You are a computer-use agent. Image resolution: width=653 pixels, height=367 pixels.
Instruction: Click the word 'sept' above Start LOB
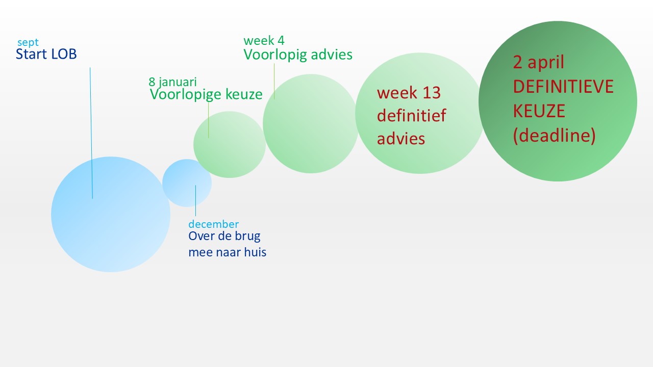point(28,43)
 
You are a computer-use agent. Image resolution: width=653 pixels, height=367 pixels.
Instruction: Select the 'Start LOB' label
point(46,54)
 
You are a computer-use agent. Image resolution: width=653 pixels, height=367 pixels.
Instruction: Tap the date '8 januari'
point(173,82)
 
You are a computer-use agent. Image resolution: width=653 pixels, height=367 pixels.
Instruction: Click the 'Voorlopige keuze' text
point(206,94)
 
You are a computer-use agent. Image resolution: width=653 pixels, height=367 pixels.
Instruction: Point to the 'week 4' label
point(264,40)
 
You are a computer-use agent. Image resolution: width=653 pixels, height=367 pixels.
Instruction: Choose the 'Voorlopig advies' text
point(298,55)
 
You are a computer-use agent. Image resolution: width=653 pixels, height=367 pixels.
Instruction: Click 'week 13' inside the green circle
point(409,93)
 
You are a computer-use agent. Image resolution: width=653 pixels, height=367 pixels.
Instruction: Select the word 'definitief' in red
point(411,115)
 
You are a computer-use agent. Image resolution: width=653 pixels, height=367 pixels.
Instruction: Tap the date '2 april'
point(539,62)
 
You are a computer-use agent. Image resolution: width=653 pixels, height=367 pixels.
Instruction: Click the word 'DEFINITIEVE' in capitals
point(563,87)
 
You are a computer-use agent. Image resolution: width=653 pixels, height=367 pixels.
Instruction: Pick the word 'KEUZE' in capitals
point(539,111)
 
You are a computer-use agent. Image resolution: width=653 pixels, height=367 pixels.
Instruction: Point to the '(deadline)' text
point(554,136)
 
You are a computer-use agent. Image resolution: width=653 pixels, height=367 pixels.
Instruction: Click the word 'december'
point(214,224)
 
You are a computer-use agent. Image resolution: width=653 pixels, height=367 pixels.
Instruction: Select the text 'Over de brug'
point(224,236)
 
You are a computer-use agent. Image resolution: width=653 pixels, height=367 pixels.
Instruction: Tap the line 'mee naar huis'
point(228,252)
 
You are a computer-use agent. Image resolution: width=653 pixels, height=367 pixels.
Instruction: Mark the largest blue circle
point(111,215)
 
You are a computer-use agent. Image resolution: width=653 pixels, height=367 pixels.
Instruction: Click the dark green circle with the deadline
point(558,101)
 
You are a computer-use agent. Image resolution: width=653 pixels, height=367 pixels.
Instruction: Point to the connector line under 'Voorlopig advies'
point(274,82)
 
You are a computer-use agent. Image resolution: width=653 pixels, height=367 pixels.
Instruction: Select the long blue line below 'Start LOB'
point(91,133)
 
